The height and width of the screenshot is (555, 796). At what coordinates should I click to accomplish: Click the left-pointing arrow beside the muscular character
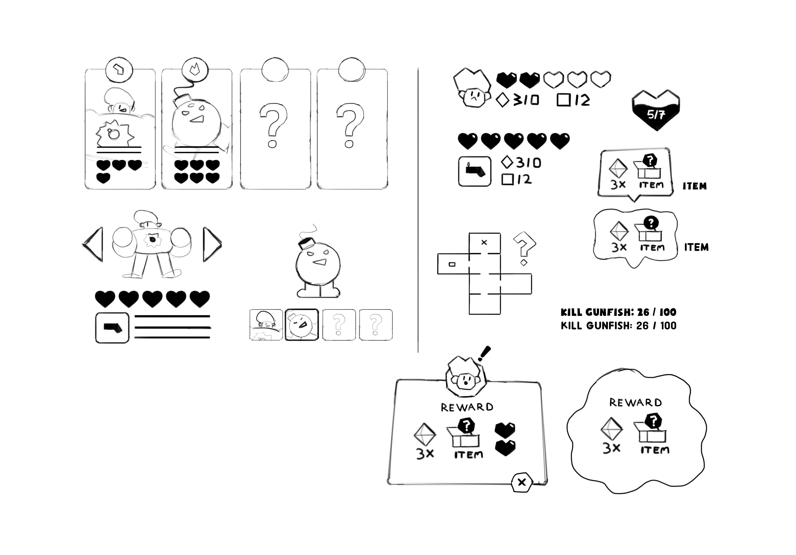(94, 244)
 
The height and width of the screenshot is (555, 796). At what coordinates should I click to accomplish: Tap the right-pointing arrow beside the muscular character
(212, 244)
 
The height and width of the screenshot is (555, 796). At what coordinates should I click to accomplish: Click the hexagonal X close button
(522, 482)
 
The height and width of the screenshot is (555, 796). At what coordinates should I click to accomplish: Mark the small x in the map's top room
(484, 243)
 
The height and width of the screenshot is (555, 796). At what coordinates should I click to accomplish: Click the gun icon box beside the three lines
(112, 328)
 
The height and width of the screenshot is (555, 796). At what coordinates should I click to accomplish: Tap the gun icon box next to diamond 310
(475, 171)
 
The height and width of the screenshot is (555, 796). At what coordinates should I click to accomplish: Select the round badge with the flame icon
(195, 70)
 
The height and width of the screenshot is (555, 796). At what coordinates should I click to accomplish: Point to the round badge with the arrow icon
(119, 70)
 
